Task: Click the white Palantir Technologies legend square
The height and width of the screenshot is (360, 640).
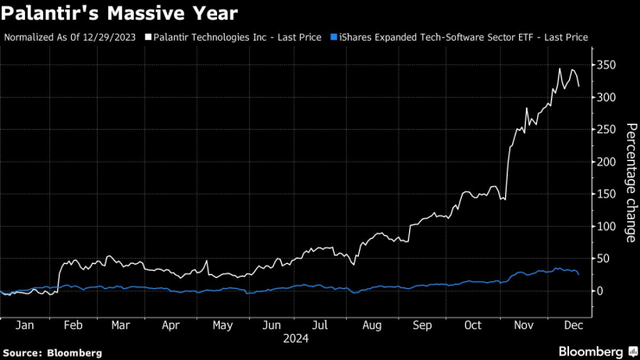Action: (149, 38)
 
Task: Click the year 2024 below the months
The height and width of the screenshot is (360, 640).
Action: (296, 338)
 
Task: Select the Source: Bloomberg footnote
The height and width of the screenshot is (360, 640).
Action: (53, 353)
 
